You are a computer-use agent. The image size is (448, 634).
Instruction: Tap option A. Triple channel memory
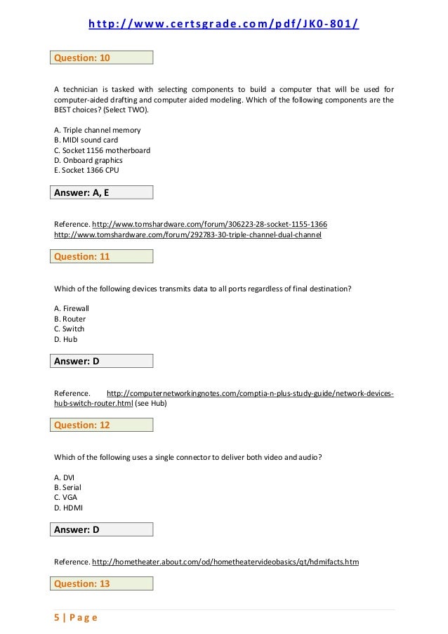[x=97, y=130]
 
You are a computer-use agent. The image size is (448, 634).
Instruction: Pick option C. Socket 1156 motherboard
[x=102, y=150]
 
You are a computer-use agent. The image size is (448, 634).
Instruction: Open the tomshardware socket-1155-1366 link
[x=209, y=224]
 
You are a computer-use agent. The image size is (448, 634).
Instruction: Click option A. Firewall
[x=72, y=308]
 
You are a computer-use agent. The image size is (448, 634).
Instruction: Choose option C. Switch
[x=69, y=329]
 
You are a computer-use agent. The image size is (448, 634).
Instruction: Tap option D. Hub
[x=65, y=339]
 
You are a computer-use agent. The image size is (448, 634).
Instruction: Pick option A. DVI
[x=64, y=477]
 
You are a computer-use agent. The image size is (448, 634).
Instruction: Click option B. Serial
[x=67, y=487]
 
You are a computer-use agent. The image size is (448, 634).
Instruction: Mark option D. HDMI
[x=67, y=507]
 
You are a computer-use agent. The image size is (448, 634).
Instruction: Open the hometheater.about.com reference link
[x=225, y=562]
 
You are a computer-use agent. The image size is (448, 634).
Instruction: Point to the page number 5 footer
[x=75, y=618]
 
